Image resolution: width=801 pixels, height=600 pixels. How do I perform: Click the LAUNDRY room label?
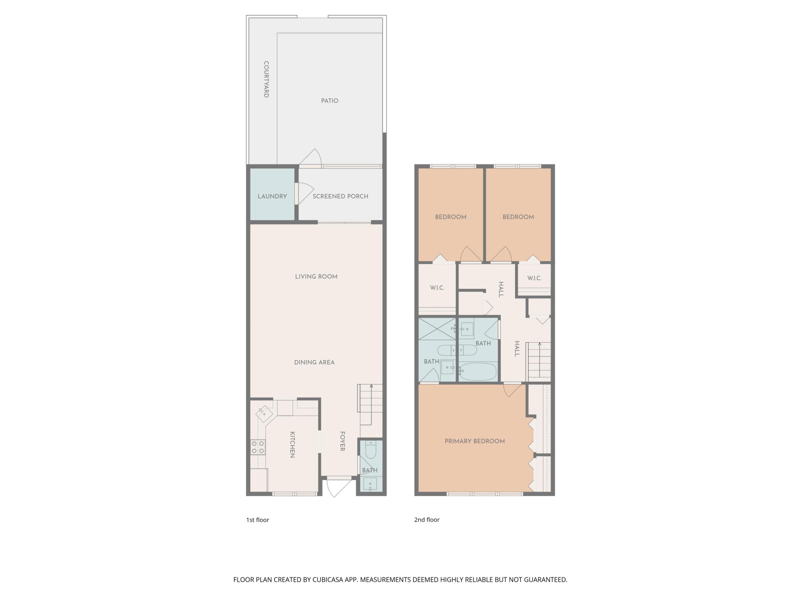click(x=272, y=196)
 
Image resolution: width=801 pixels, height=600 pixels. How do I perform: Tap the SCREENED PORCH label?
click(x=340, y=196)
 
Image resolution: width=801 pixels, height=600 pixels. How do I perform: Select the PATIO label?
click(x=330, y=101)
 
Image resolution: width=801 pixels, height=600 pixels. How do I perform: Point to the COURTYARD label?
click(x=266, y=79)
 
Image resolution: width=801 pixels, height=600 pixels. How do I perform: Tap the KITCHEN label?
click(x=292, y=444)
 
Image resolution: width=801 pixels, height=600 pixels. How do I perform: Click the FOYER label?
click(x=342, y=441)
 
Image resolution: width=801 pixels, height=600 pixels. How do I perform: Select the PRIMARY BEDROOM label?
click(x=474, y=441)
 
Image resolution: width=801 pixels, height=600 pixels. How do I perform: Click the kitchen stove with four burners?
click(x=258, y=447)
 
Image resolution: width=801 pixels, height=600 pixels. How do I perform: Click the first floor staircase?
click(x=370, y=401)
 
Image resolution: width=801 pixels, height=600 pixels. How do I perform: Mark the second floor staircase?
click(x=538, y=361)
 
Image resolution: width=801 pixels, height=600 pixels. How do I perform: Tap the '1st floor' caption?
click(x=258, y=520)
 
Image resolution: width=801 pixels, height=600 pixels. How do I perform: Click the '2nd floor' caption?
click(x=427, y=520)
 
